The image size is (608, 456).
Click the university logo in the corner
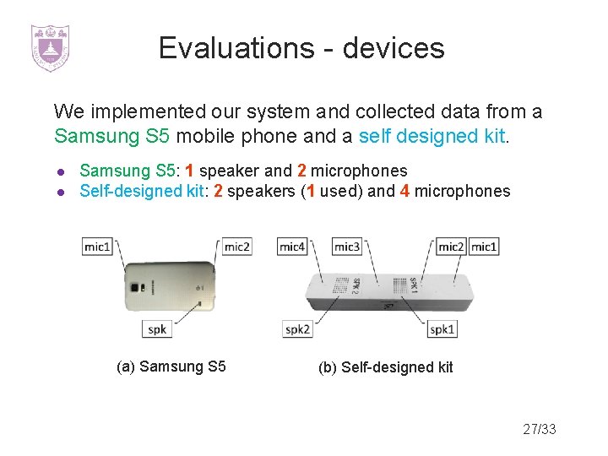(50, 47)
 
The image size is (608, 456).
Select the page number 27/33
(540, 429)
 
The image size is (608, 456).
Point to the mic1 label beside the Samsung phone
(97, 247)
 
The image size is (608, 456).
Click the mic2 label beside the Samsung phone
(237, 247)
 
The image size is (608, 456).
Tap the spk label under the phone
(157, 328)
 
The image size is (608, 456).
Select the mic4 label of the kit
(292, 247)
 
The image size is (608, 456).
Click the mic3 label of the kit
(346, 247)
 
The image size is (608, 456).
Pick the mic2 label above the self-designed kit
(451, 247)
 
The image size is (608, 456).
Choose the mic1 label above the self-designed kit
(483, 247)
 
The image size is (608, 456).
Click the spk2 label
(297, 328)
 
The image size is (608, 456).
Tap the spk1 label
(442, 328)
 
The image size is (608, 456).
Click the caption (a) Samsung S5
(171, 366)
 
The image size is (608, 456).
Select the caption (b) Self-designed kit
(385, 367)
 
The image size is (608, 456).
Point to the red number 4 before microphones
(404, 191)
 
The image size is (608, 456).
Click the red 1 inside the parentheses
(311, 191)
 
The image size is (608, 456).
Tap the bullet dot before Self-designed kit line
(61, 192)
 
